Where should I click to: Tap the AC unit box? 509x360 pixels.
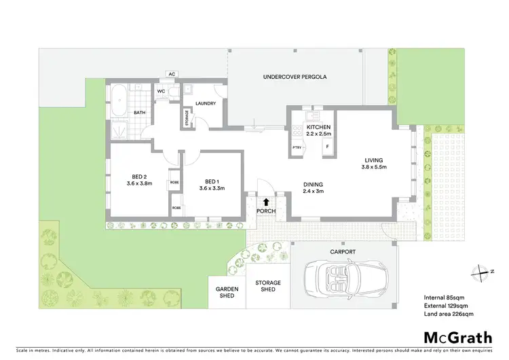click(x=172, y=75)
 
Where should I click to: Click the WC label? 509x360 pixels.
click(x=162, y=91)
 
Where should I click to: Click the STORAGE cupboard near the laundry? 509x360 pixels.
click(x=188, y=118)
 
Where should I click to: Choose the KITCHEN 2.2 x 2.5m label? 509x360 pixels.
click(x=318, y=130)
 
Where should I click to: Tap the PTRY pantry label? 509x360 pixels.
click(x=297, y=147)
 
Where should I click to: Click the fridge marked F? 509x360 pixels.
click(x=326, y=147)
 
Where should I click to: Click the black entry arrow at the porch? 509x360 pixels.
click(x=265, y=201)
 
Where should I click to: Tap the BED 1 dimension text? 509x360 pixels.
click(x=211, y=188)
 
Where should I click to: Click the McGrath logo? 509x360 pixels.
click(x=453, y=337)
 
